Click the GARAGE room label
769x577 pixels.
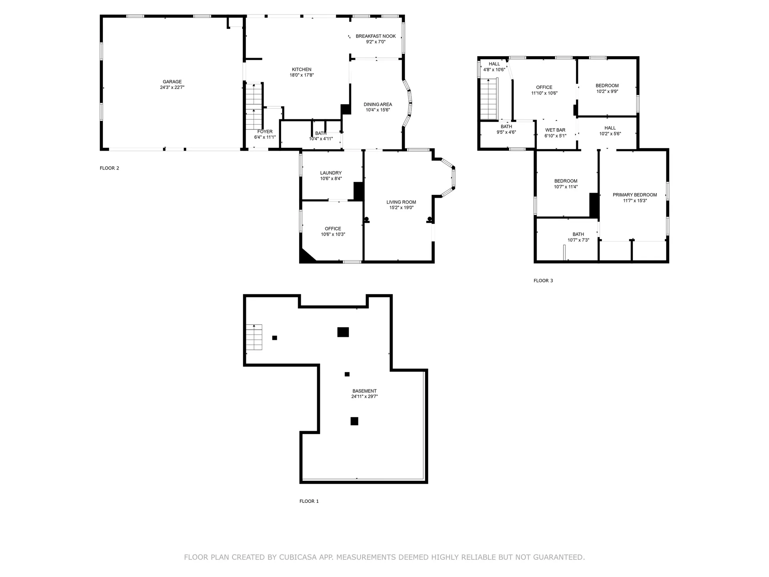pos(172,82)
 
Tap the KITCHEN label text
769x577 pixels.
pos(302,69)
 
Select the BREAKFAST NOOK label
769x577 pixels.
pos(376,36)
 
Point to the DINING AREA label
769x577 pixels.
pos(378,105)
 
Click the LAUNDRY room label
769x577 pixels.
pos(331,173)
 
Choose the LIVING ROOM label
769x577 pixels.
pos(401,202)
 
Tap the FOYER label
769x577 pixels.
pos(265,131)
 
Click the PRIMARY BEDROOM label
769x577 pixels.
pos(635,195)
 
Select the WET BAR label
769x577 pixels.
pos(555,130)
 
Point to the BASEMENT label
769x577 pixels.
pos(364,391)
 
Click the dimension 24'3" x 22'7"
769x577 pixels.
pos(172,87)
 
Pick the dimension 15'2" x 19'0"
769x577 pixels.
pos(401,208)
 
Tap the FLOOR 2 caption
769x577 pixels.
pos(109,168)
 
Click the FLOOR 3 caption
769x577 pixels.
pos(543,281)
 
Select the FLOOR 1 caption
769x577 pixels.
pos(309,501)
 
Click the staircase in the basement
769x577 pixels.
pos(254,337)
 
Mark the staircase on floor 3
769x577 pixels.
pos(488,99)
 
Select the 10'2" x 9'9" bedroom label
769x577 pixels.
pos(607,89)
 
